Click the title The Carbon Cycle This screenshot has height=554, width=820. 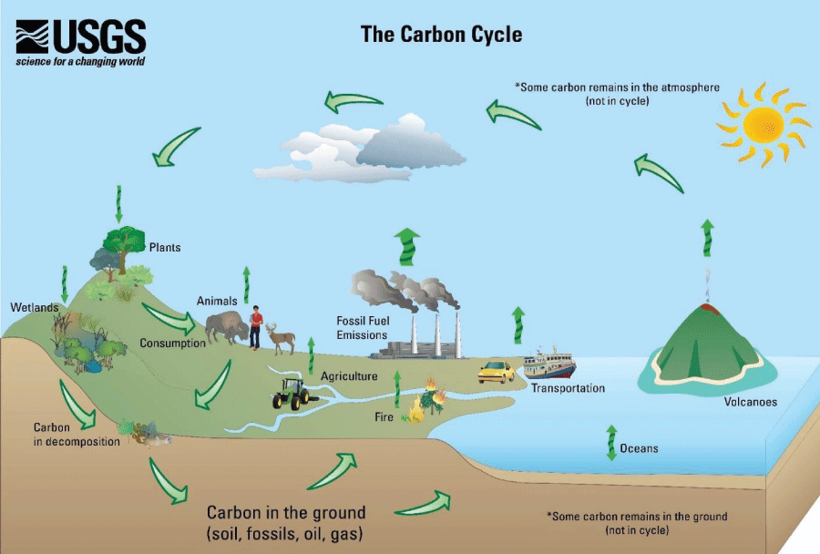(441, 35)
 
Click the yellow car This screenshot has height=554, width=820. (497, 371)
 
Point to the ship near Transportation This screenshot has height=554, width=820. (549, 364)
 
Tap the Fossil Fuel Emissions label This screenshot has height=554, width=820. (362, 327)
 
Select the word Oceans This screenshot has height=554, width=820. (639, 448)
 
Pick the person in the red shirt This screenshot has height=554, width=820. (256, 327)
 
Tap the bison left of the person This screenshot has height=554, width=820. (224, 327)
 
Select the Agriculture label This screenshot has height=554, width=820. (349, 375)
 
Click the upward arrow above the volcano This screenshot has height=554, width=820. (707, 238)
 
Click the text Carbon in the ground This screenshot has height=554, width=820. (285, 512)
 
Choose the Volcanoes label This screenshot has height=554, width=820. (750, 401)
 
